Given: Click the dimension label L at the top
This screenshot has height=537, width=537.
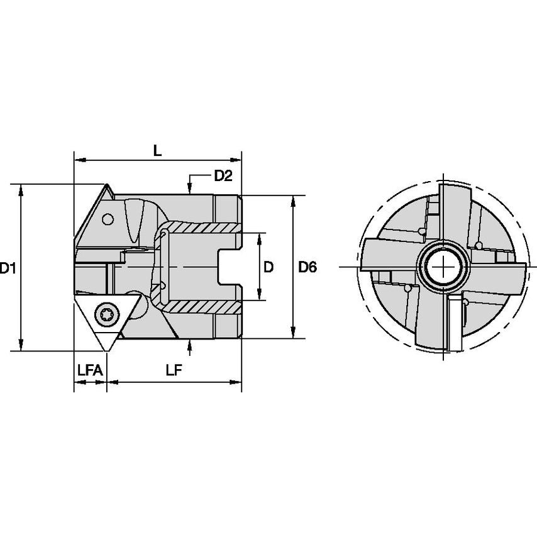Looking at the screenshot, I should point(158,151).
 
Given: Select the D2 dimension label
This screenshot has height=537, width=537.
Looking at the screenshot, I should point(223,176).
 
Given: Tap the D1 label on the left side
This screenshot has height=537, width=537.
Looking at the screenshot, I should point(8,268).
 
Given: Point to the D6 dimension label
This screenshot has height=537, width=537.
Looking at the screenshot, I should point(307,267).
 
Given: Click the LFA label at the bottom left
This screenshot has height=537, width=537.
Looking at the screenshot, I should point(89,370).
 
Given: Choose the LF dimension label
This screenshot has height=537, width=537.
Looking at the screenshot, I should point(174,370).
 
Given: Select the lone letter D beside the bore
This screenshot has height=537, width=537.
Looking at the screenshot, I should point(268,267).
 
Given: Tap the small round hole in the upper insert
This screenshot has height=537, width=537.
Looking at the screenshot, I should point(108,219).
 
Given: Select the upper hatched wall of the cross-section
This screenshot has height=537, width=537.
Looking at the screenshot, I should point(201,227).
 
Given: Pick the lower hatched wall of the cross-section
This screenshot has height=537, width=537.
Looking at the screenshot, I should point(201,307).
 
